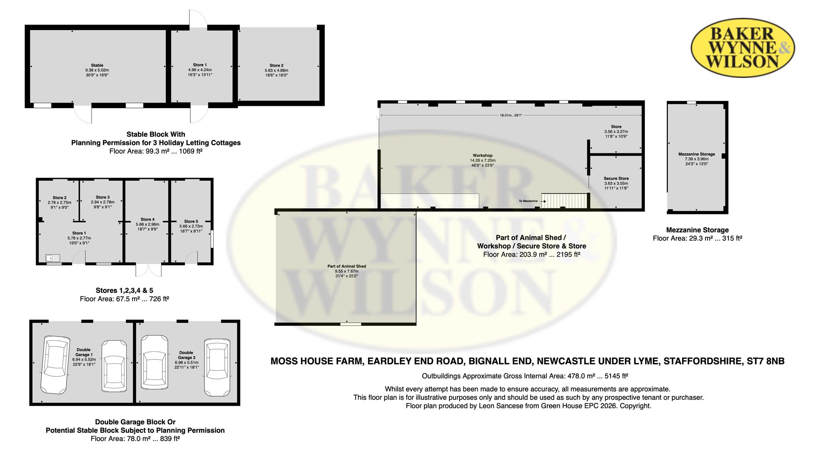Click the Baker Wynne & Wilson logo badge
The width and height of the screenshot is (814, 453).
coord(743,47)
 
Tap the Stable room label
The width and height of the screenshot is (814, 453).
coord(97,66)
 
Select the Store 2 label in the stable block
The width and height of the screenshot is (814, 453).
coord(276,66)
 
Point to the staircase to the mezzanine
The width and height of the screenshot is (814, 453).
coord(564,201)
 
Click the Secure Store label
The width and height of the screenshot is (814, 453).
coord(616,178)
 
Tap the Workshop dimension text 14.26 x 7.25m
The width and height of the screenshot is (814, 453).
coord(482,161)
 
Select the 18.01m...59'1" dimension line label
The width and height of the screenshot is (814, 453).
coord(511,115)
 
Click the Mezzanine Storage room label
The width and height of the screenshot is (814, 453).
coord(697,154)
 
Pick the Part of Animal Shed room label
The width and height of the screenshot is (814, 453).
coord(346,267)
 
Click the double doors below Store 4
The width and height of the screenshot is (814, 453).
coord(149,270)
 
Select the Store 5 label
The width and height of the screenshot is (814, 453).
coord(191,221)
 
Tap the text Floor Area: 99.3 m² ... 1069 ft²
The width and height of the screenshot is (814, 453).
coord(156,151)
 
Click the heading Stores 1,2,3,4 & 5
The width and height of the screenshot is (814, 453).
coord(124,290)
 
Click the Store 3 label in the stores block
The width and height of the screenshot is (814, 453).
coord(103,197)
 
